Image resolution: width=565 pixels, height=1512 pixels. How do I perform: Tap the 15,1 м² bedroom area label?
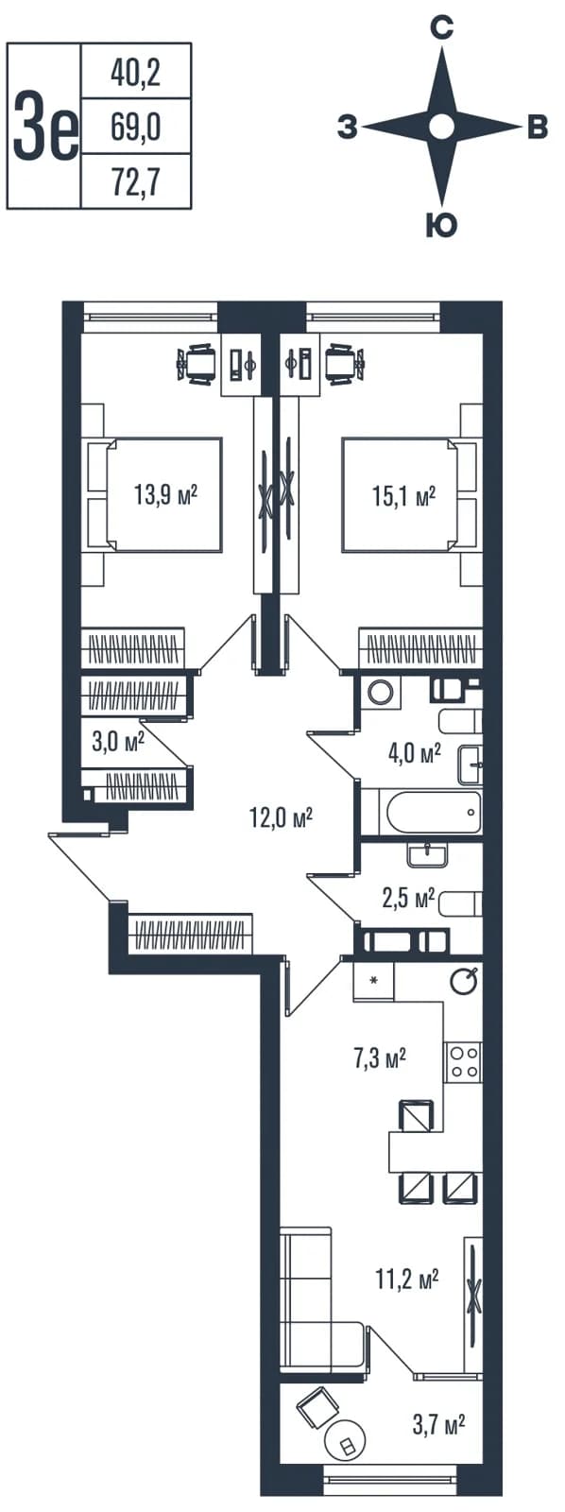tap(403, 496)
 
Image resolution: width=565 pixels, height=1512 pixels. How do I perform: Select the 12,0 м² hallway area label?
tap(281, 818)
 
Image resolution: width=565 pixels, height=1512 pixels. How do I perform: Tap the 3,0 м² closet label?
tap(118, 743)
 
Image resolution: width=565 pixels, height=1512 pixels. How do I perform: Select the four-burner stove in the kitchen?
tap(462, 1062)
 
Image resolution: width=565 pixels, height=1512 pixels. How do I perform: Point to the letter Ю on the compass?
tap(441, 225)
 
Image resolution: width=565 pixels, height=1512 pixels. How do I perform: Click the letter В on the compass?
tap(538, 127)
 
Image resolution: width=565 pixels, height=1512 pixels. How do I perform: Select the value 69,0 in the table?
tap(136, 127)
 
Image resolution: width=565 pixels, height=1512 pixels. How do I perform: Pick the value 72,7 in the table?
tap(136, 181)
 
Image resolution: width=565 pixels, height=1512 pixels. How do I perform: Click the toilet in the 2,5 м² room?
tap(460, 902)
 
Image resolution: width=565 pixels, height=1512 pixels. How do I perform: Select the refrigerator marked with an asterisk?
tap(372, 980)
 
